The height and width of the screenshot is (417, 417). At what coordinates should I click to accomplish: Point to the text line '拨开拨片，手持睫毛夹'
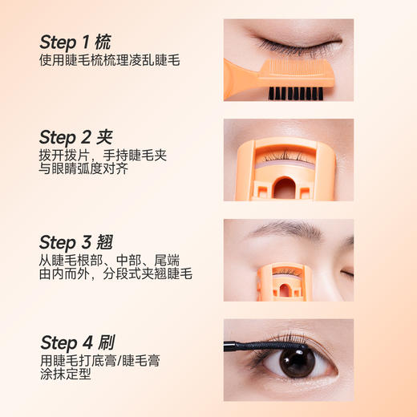click(103, 154)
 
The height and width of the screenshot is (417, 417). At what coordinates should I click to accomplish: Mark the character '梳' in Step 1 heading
click(102, 42)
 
